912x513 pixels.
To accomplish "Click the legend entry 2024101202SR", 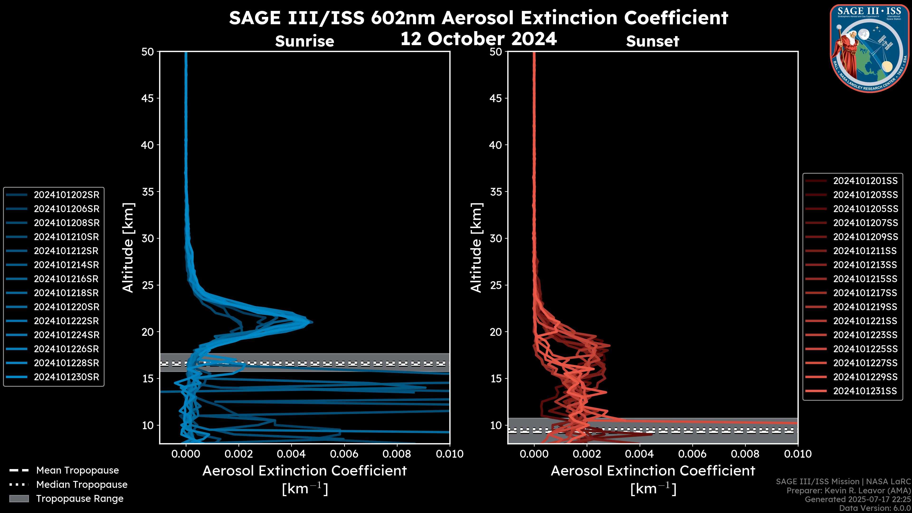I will coord(66,195).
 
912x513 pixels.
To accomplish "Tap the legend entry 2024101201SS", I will coord(865,181).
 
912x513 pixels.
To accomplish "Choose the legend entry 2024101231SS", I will coord(865,391).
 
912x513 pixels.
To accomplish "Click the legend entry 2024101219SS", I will coord(865,307).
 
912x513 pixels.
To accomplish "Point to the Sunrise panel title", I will coord(304,41).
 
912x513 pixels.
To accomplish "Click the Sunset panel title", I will coord(652,41).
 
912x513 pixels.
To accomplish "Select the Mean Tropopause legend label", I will coord(77,470).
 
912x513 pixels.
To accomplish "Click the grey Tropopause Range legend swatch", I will coord(19,499).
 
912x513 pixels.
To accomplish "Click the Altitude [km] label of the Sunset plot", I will coord(476,248).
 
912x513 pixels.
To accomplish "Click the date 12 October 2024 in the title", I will coord(479,38).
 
